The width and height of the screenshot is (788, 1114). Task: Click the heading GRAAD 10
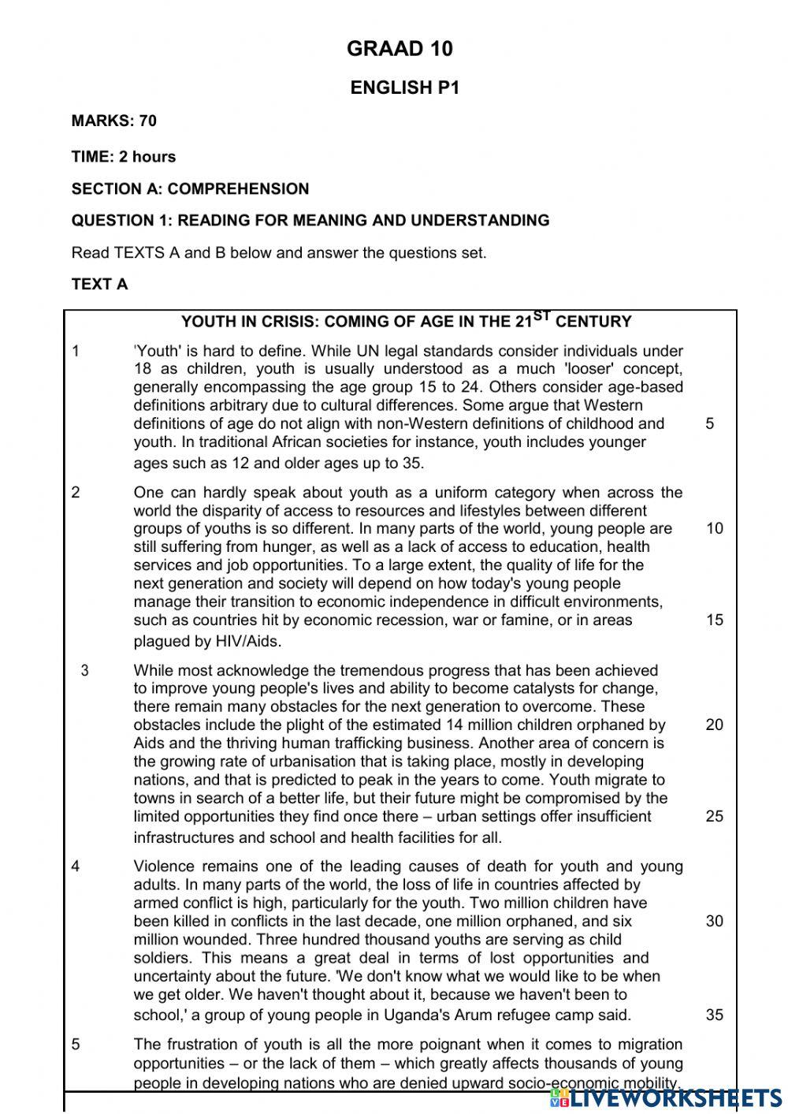point(400,49)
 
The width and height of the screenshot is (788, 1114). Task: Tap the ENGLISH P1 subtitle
point(404,88)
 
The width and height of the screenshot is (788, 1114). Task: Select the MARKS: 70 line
point(113,121)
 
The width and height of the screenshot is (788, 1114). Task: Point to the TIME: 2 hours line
point(123,156)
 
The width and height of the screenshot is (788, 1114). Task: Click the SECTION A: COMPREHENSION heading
point(190,188)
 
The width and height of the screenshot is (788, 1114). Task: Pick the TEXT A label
point(99,284)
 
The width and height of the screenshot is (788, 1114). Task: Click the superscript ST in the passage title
point(542,316)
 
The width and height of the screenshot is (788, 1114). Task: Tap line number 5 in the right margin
point(710,423)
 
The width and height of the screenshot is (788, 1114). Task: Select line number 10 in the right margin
point(714,528)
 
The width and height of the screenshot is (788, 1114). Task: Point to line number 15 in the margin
point(714,620)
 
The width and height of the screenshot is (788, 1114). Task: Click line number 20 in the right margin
point(714,725)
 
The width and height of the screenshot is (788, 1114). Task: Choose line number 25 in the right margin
point(714,816)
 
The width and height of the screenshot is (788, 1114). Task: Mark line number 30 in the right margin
point(714,921)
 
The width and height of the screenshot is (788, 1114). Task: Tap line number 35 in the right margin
point(714,1015)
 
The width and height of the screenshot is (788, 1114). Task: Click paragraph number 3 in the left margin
point(84,671)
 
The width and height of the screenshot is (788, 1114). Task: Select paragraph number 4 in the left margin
point(76,866)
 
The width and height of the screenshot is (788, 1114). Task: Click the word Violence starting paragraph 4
point(163,866)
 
